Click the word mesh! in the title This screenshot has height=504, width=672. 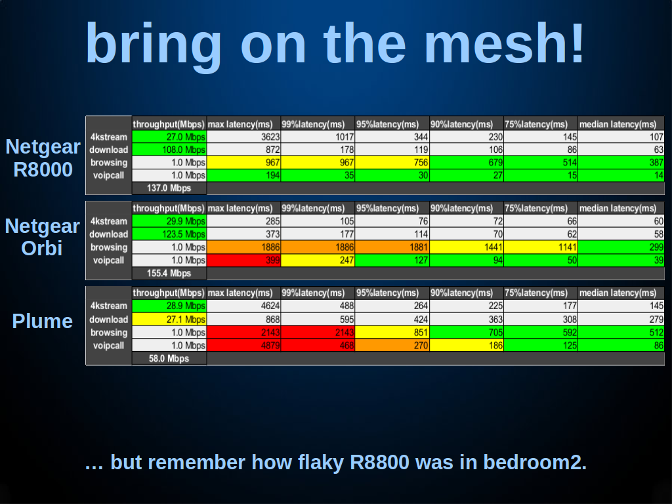click(x=504, y=43)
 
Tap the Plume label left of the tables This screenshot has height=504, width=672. click(x=43, y=322)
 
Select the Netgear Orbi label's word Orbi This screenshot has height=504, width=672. click(x=42, y=248)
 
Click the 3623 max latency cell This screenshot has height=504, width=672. click(x=243, y=136)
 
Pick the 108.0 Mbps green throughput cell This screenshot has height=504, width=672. click(x=169, y=150)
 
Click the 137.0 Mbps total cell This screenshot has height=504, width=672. click(x=169, y=188)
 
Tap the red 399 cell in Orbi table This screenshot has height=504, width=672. click(x=243, y=260)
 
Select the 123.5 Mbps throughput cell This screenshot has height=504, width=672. click(x=169, y=234)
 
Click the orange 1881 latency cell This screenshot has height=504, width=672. click(x=392, y=247)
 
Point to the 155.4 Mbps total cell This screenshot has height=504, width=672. click(x=169, y=273)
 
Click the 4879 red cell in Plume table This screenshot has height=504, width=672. click(x=243, y=345)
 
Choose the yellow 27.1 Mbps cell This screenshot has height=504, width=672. click(x=169, y=320)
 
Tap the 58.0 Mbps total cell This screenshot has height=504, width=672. click(x=169, y=358)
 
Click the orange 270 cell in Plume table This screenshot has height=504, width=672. click(x=392, y=345)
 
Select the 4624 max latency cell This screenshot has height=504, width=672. click(x=243, y=306)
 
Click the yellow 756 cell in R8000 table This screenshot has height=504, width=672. click(x=392, y=163)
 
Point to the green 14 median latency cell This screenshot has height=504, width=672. click(x=621, y=175)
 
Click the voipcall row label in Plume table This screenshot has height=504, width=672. click(x=108, y=345)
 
